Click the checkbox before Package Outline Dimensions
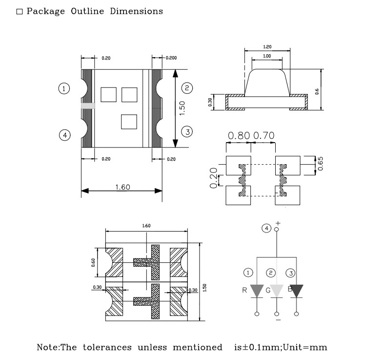pyautogui.click(x=20, y=12)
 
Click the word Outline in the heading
pyautogui.click(x=87, y=11)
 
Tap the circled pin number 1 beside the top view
pyautogui.click(x=64, y=88)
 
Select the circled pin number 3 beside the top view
pyautogui.click(x=187, y=132)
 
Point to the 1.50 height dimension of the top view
pyautogui.click(x=182, y=108)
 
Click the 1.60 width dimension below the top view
pyautogui.click(x=122, y=187)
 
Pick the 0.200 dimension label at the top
pyautogui.click(x=171, y=58)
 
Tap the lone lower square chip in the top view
pyautogui.click(x=129, y=122)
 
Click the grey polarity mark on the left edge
pyautogui.click(x=88, y=106)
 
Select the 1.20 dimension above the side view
pyautogui.click(x=267, y=46)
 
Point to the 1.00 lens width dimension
pyautogui.click(x=267, y=56)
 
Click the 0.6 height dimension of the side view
pyautogui.click(x=317, y=91)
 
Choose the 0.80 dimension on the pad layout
pyautogui.click(x=239, y=135)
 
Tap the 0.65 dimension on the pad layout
pyautogui.click(x=320, y=164)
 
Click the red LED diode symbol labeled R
pyautogui.click(x=257, y=291)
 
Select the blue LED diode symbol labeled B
pyautogui.click(x=296, y=291)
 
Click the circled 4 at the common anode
pyautogui.click(x=266, y=228)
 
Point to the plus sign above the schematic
pyautogui.click(x=278, y=223)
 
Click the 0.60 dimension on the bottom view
pyautogui.click(x=93, y=262)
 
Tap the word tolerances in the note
pyautogui.click(x=107, y=347)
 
